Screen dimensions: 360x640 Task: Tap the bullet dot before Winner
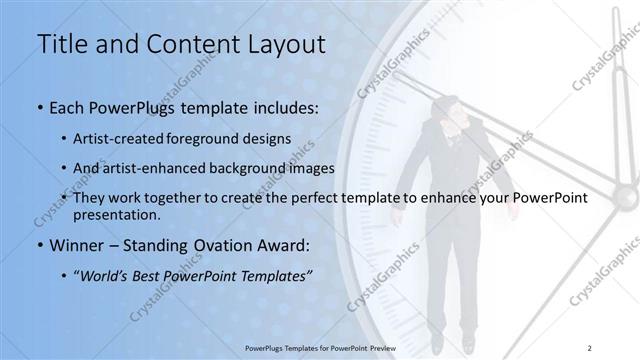pyautogui.click(x=39, y=245)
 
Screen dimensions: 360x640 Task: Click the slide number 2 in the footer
pyautogui.click(x=590, y=347)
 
